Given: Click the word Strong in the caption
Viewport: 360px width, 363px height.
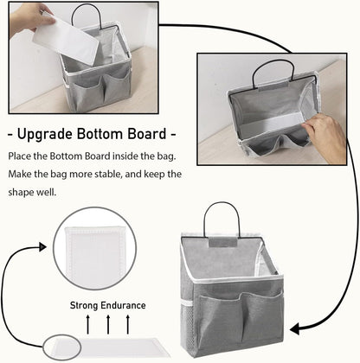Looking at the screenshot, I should pos(87,304).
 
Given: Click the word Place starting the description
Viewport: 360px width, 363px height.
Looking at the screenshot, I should pos(21,156).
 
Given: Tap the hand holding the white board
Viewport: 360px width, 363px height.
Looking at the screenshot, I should pos(22,16).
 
